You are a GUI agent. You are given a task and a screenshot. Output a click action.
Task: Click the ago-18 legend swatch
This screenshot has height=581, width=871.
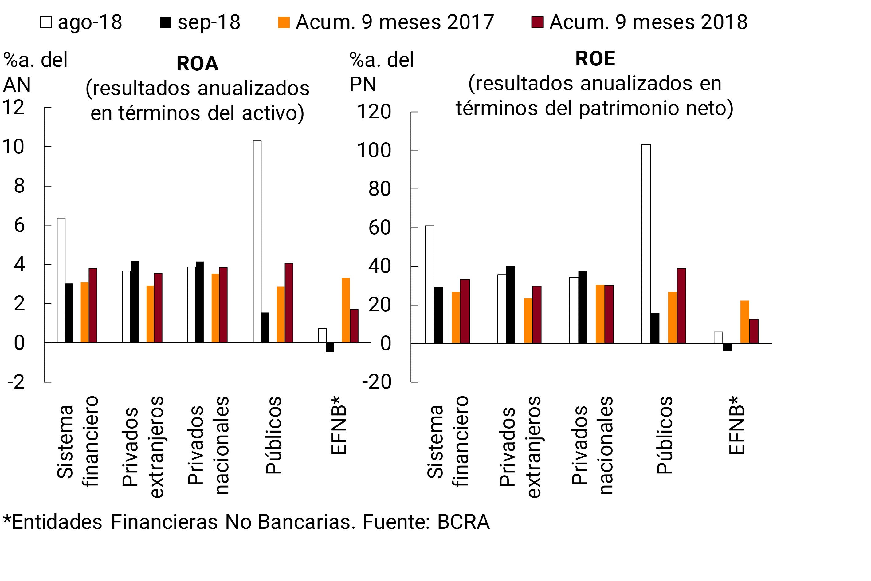coord(46,22)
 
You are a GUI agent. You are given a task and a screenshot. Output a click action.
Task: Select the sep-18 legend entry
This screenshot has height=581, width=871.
coord(200,22)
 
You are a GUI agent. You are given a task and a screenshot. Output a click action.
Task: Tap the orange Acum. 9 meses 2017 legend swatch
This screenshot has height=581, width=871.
coord(284,22)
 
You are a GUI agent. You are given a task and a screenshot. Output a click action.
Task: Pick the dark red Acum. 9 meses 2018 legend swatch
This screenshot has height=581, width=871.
coord(537,22)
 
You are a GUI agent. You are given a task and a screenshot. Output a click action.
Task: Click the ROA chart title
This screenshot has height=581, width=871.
coord(197,63)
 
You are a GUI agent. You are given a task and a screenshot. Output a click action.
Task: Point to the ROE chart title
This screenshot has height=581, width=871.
coord(595,58)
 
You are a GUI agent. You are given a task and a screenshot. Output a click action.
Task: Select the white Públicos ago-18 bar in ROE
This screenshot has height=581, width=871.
coord(646,243)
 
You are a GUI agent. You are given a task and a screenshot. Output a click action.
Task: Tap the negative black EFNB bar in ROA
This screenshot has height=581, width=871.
coord(330,347)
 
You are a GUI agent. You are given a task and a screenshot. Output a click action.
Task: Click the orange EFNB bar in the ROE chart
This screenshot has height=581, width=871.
coord(745,322)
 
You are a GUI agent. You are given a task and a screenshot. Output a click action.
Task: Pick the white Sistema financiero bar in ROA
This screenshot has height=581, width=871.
coord(61,280)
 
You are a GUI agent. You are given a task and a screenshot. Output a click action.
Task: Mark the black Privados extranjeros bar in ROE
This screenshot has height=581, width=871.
coord(510,304)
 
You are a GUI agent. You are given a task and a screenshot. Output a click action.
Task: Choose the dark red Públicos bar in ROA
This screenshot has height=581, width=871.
coord(289,303)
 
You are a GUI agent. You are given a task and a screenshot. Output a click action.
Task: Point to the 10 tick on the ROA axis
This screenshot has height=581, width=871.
coord(13,147)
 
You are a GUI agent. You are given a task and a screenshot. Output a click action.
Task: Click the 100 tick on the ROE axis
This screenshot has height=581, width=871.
coord(374,150)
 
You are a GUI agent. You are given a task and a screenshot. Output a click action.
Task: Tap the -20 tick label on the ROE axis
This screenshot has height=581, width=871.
coord(376,382)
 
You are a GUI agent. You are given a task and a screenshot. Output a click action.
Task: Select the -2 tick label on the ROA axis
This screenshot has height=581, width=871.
coord(16,382)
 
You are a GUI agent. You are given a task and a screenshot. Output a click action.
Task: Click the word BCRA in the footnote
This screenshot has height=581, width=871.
coord(463,522)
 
